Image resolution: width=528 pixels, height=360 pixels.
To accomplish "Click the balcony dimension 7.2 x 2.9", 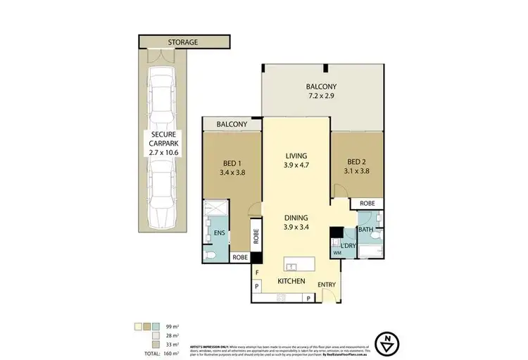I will tap(325, 94).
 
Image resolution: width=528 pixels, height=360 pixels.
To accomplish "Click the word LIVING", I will tap(296, 157).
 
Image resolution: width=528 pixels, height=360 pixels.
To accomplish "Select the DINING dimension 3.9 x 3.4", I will tap(296, 228).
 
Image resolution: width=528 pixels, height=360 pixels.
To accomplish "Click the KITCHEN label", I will tap(290, 281).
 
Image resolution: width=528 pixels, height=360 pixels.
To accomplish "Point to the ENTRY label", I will tap(327, 285).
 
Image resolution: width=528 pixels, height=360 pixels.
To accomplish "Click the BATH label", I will tap(364, 229).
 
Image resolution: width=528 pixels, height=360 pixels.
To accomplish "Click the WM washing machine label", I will tap(336, 252).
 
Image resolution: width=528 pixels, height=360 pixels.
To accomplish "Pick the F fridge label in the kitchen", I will tap(258, 271).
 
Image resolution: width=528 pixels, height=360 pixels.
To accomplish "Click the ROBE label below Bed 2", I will tap(367, 203).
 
